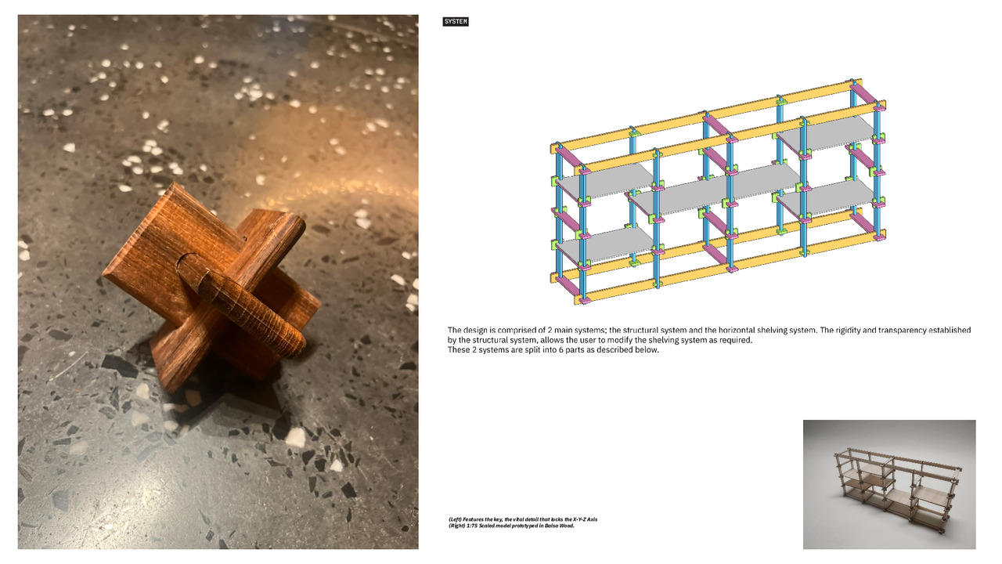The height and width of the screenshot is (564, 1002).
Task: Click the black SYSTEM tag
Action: pos(456,21)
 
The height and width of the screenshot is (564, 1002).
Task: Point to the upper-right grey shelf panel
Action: pos(827,133)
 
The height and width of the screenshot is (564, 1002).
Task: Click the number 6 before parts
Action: pos(569,350)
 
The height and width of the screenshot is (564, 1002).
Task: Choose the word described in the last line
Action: pos(609,350)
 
